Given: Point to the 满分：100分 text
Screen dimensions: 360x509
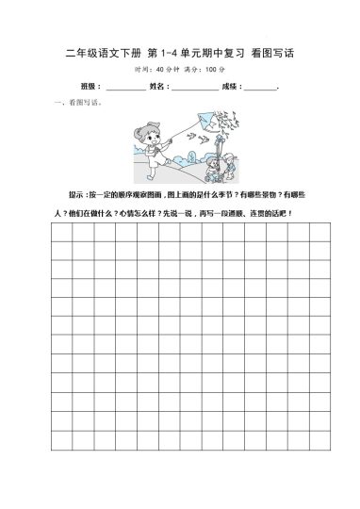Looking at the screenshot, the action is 205,70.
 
